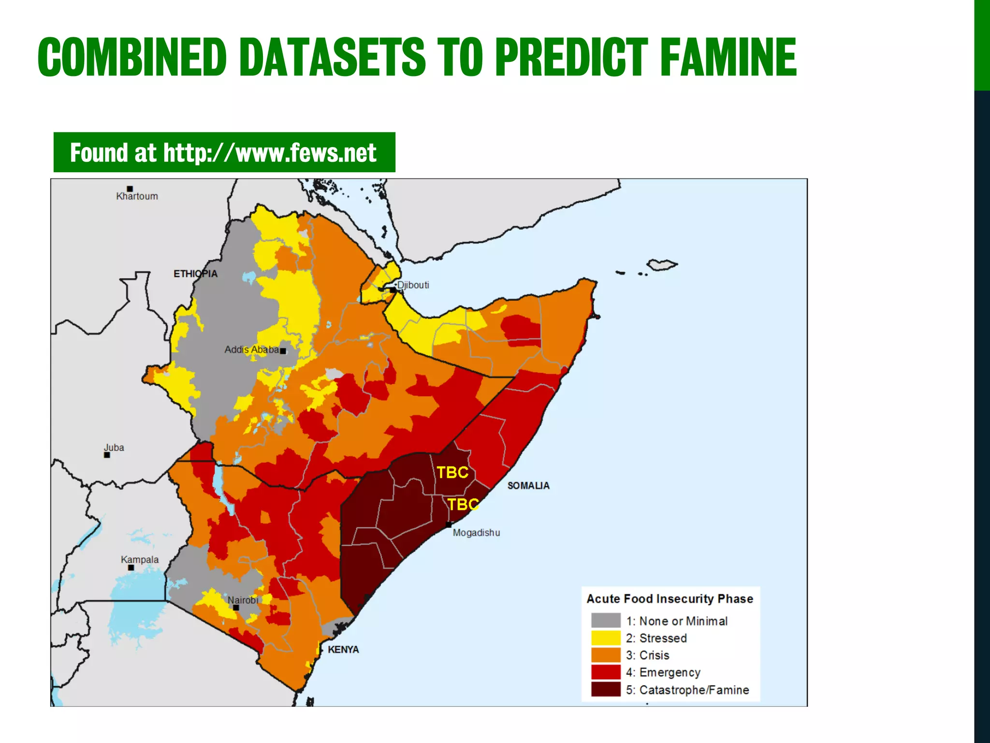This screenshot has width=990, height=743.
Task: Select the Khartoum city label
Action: point(137,196)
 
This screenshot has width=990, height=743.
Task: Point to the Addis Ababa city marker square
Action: point(283,351)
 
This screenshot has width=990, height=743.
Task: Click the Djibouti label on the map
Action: point(413,285)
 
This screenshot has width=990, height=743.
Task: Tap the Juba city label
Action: point(114,447)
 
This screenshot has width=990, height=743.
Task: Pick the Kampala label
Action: point(139,559)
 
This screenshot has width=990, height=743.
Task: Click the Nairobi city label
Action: point(243,600)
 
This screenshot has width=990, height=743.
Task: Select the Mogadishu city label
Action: point(476,533)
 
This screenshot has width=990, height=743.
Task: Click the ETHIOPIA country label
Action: point(195,274)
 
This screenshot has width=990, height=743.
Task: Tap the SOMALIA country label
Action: point(528,485)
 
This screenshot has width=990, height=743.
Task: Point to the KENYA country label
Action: point(343,649)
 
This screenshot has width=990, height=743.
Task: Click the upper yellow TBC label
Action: point(452,472)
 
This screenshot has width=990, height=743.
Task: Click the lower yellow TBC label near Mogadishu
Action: point(463,505)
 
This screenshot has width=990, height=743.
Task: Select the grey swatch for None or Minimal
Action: point(605,620)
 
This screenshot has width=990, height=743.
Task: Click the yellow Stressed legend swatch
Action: point(605,638)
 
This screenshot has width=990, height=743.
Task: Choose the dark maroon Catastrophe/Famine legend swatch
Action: point(605,689)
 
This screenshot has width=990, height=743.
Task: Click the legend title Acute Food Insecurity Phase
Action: point(670,599)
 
